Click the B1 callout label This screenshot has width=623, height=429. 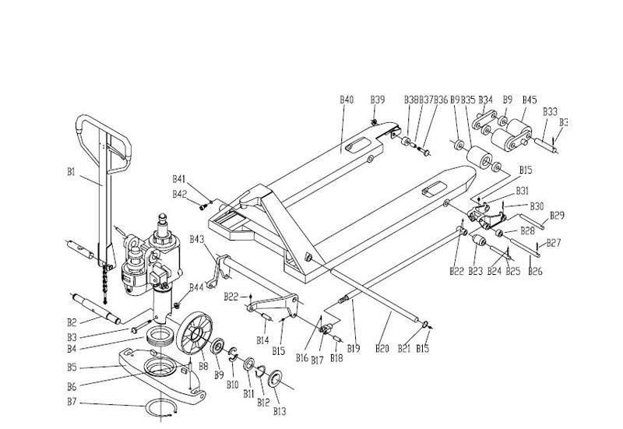click(x=71, y=172)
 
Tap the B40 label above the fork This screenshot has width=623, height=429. click(x=347, y=100)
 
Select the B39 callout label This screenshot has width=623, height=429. click(x=378, y=100)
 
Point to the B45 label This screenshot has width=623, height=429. click(x=529, y=100)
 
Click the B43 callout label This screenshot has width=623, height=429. click(x=195, y=238)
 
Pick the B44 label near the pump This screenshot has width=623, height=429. click(x=196, y=287)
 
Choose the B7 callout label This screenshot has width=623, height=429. click(x=72, y=403)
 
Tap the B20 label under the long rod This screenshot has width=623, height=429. click(x=382, y=348)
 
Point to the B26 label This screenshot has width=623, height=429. click(x=535, y=272)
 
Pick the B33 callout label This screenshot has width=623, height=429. click(x=549, y=111)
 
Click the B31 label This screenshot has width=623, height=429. click(x=523, y=191)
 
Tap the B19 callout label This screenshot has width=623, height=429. click(x=353, y=348)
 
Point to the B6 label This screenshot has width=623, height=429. click(x=72, y=386)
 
